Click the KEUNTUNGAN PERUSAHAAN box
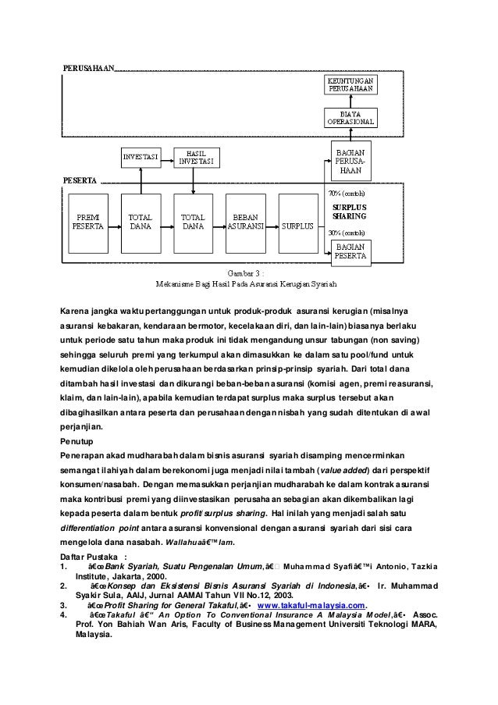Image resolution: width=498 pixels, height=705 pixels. point(349,84)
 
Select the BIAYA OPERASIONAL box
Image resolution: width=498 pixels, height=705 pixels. point(349,119)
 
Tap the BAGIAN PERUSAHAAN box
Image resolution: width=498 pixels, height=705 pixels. point(349,158)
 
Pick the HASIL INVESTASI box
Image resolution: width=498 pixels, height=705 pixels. point(195,156)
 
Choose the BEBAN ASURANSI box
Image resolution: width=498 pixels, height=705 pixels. point(248,221)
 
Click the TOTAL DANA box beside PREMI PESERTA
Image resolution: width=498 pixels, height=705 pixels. point(141,221)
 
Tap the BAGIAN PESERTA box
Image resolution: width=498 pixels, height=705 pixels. point(349,250)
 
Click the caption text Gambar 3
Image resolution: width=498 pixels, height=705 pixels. point(244,273)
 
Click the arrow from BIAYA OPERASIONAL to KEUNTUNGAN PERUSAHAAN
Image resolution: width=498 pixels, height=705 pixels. point(349,101)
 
